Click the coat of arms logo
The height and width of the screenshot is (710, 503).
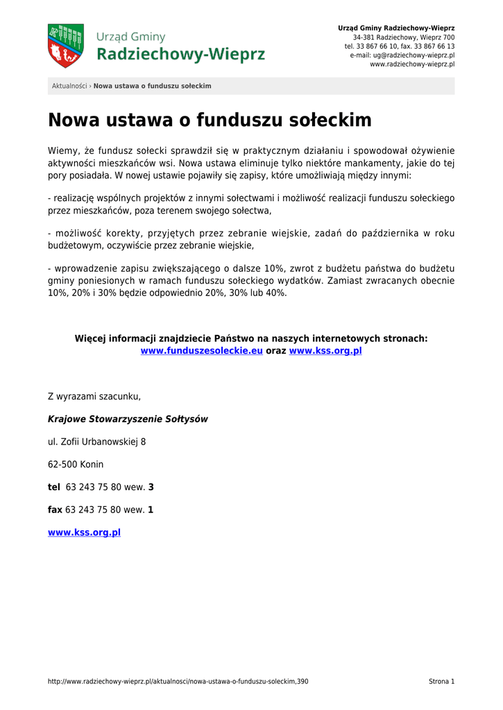point(65,46)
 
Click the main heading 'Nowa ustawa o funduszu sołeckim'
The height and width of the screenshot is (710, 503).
point(210,121)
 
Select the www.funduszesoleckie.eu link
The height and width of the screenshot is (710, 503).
point(201,351)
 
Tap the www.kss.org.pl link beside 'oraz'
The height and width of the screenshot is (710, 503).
point(325,351)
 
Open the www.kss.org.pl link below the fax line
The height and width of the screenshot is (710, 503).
point(84,532)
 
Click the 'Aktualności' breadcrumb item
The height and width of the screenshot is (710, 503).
point(69,86)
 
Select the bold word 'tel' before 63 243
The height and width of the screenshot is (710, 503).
point(54,487)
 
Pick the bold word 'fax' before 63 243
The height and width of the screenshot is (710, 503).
point(55,510)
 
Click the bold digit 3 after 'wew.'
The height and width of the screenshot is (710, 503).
point(151,487)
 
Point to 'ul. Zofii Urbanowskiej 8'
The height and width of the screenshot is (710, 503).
point(96,442)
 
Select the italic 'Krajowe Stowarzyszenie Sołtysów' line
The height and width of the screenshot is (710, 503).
point(128,419)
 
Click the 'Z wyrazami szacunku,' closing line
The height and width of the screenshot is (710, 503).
point(94,397)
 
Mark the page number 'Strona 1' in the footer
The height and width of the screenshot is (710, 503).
point(441,682)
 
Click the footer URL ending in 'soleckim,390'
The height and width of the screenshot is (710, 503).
point(178,682)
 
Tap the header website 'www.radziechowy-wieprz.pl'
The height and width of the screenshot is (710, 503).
point(412,64)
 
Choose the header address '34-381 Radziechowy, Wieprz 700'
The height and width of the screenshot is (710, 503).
point(404,37)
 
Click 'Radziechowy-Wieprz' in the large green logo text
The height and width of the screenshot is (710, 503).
point(180,54)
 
